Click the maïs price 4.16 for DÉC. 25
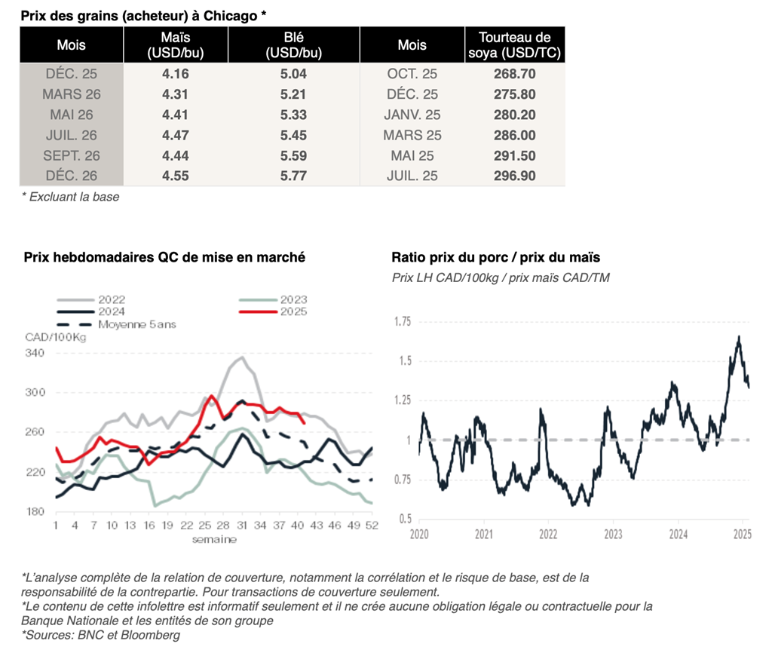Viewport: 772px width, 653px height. (175, 74)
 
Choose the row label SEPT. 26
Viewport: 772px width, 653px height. (72, 155)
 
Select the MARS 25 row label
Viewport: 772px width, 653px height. (412, 135)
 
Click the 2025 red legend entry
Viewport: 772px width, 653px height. (293, 311)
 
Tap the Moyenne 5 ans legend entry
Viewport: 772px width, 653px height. (136, 324)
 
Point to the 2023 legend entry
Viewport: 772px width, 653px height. (293, 299)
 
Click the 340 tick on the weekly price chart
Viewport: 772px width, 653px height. (35, 353)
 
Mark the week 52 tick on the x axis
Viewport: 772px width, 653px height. (371, 526)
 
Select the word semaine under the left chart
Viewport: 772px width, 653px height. (213, 539)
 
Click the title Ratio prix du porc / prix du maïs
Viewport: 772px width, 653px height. (495, 257)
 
